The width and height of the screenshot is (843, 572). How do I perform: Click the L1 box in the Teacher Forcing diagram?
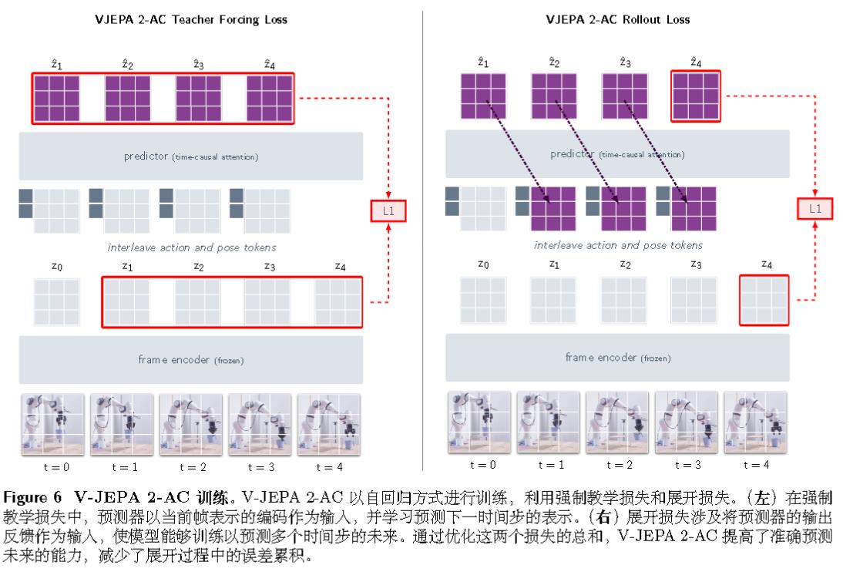pos(388,209)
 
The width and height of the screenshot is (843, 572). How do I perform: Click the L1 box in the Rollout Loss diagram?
pos(814,208)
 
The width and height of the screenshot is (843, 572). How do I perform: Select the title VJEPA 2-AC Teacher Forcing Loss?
pos(190,19)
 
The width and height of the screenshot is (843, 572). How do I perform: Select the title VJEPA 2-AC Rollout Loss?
pos(617,19)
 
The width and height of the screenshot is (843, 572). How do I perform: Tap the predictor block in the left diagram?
pos(190,156)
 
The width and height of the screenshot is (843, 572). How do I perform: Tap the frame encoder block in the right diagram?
pos(617,358)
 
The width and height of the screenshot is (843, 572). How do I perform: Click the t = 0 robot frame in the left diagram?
pos(53,425)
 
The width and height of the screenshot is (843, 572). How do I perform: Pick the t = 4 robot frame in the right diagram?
pos(756,422)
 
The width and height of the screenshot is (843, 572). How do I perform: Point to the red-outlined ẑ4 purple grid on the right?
pos(696,96)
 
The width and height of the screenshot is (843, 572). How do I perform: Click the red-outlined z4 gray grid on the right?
pos(764,299)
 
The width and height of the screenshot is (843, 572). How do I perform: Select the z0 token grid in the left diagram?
pos(56,302)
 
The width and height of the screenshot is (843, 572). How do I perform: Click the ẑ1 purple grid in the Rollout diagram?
pos(483,96)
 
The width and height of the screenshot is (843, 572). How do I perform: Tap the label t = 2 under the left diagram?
pos(190,466)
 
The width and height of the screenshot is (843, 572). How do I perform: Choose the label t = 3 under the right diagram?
pos(687,464)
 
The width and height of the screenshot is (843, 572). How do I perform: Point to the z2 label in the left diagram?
pos(198,267)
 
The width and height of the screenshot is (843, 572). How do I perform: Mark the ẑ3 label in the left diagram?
pos(198,65)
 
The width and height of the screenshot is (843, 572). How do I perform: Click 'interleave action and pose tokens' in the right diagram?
pos(618,245)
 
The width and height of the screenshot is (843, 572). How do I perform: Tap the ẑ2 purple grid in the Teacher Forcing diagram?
pos(128,98)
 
